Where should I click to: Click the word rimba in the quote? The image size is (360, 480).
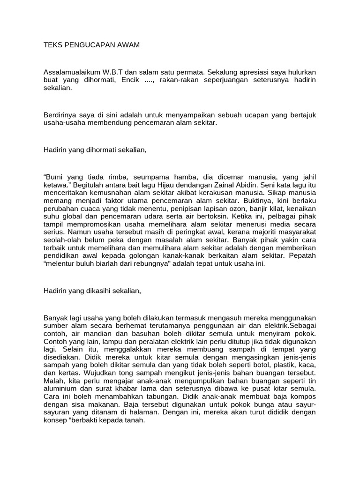[109, 177]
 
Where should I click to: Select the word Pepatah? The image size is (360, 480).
[303, 255]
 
